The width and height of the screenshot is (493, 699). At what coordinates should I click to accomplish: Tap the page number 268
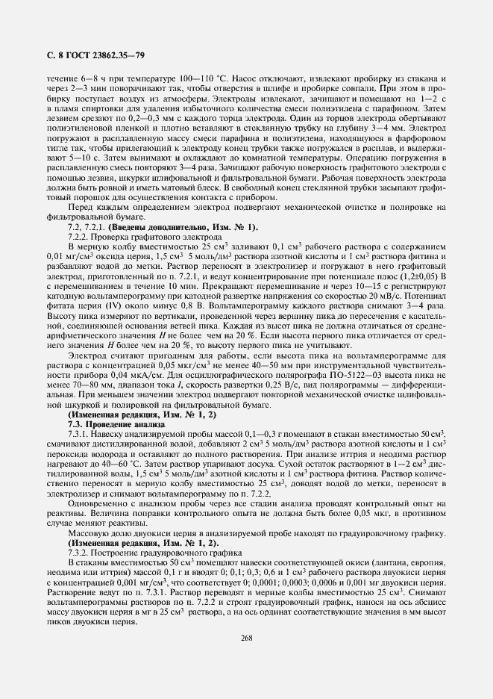(246, 637)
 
